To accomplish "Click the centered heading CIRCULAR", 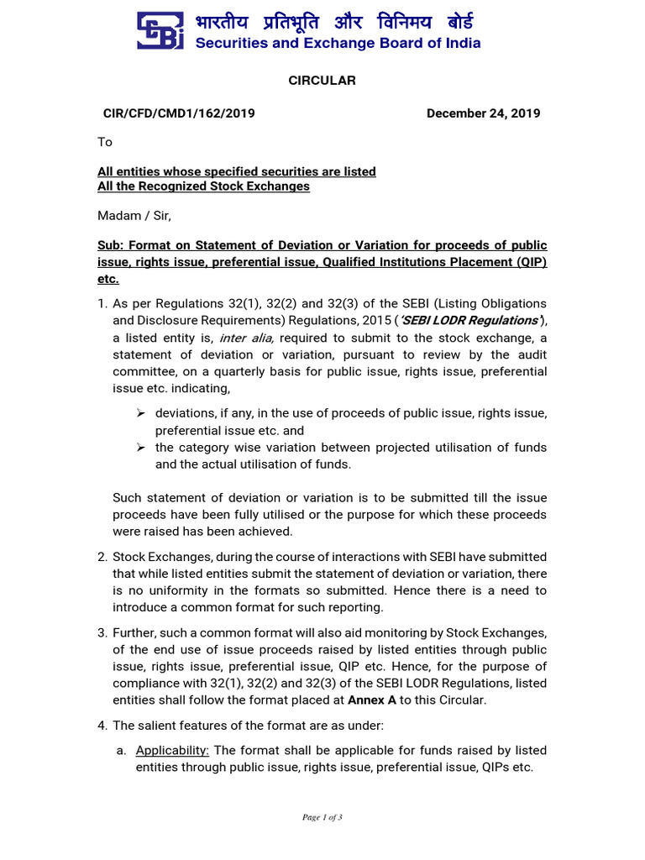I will pos(322,81).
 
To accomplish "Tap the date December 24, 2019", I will pos(483,113).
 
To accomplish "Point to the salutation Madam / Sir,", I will pos(134,216).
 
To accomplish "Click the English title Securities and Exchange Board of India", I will pos(338,43).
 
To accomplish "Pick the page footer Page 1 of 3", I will pos(322,817).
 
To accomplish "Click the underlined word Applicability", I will pos(172,751).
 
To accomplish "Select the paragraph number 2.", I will pos(102,557).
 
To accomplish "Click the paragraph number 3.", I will pos(102,632).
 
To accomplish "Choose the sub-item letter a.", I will pos(122,751).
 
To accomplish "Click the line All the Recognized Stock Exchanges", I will pos(203,186).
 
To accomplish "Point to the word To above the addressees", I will pos(105,142).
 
